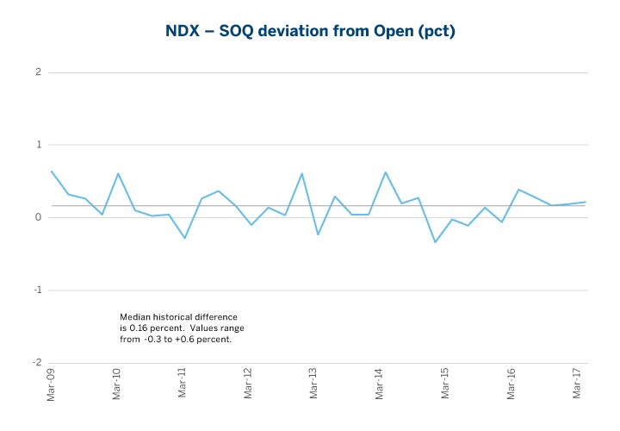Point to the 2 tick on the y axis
click(39, 72)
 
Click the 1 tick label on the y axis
click(39, 145)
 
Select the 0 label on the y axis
click(39, 217)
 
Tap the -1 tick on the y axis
click(37, 290)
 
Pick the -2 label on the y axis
click(37, 362)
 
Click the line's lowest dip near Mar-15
click(435, 242)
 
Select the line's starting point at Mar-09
click(52, 171)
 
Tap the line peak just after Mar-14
click(385, 172)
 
